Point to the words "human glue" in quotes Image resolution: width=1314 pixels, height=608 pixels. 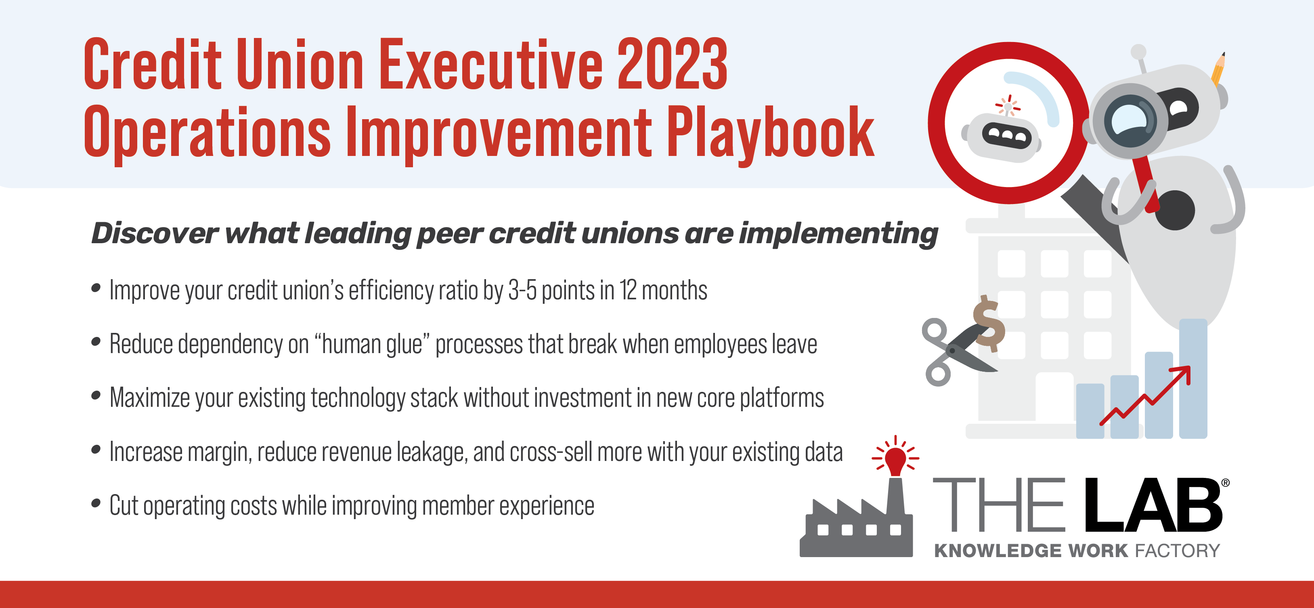(x=372, y=344)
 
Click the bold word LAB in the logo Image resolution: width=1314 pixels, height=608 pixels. (x=1153, y=505)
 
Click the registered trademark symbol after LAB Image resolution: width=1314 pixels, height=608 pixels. (x=1225, y=482)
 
